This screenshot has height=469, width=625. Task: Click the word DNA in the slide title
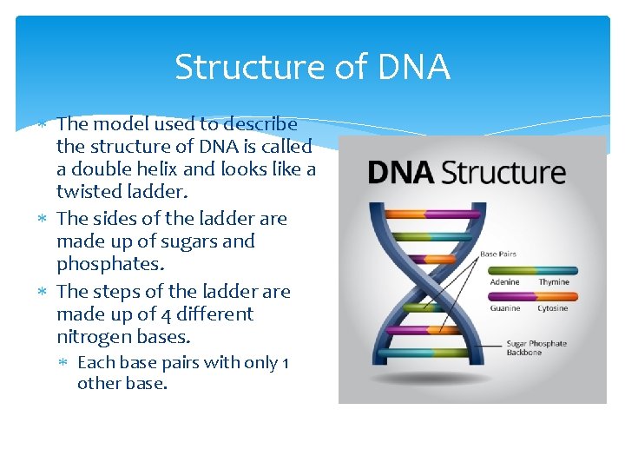tap(414, 67)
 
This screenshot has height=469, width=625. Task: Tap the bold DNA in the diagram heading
tap(401, 172)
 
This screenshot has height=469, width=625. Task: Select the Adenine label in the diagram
tap(504, 282)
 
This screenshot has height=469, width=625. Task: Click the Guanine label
tap(504, 307)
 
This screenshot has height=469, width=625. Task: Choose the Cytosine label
tap(553, 307)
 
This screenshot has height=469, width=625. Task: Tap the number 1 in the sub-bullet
tap(285, 362)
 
